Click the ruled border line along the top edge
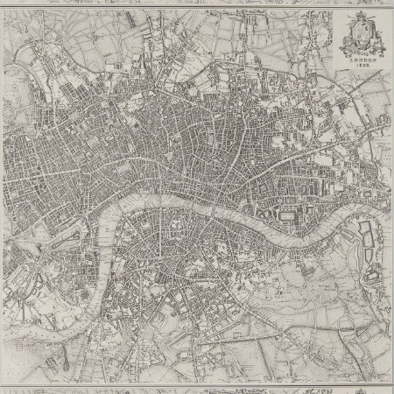(197, 7)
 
